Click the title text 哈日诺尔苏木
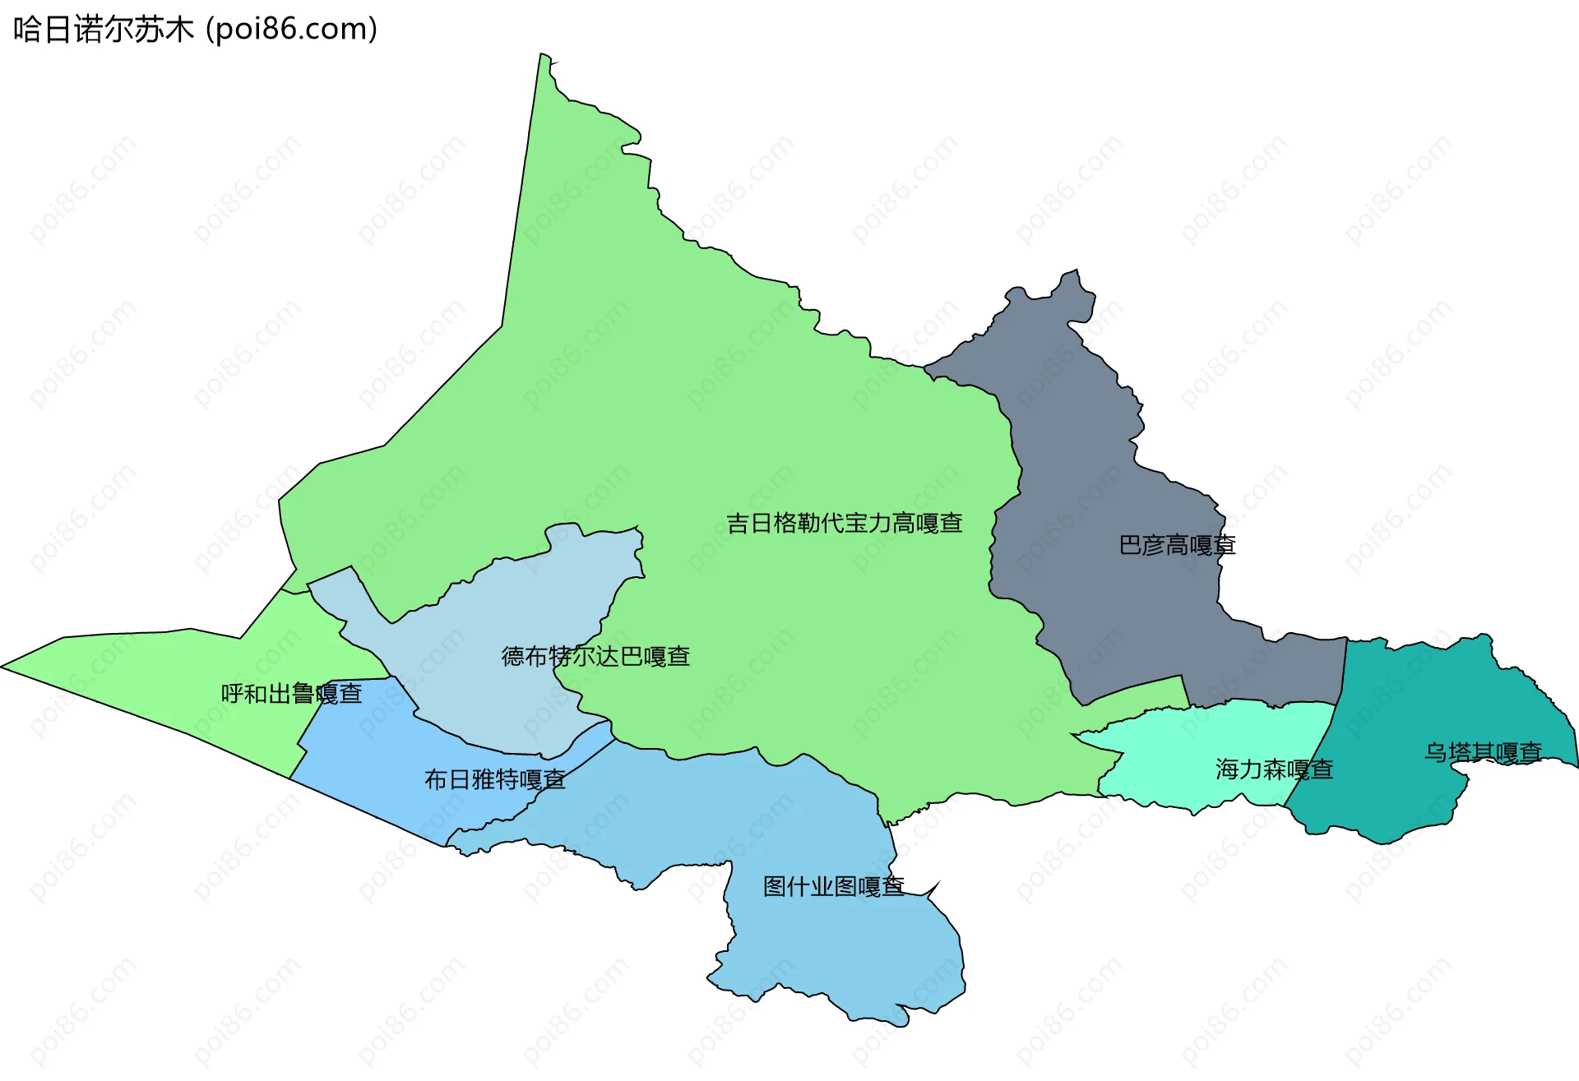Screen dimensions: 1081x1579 click(103, 30)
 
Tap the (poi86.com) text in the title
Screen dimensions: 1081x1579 click(291, 30)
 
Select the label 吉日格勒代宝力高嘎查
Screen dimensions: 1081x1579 click(844, 523)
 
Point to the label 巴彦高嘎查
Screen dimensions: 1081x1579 click(1177, 545)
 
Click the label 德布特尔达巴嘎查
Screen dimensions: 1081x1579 click(595, 656)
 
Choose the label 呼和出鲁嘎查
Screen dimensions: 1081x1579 click(291, 694)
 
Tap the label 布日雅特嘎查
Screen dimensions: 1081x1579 click(494, 779)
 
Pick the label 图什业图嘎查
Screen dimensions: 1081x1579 click(833, 886)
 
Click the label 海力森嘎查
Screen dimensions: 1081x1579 click(1274, 769)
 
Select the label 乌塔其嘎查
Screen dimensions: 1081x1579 click(1483, 752)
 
